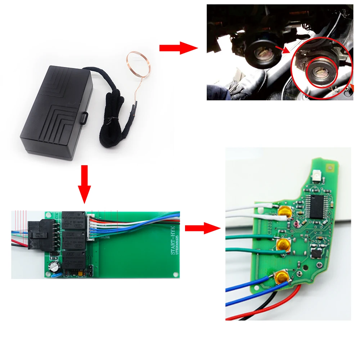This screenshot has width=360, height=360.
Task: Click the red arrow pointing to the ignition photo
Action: click(179, 48)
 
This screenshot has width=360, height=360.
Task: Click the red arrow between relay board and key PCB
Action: click(202, 228)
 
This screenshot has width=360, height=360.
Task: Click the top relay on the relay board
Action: click(74, 220)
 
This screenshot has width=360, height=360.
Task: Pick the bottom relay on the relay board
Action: click(74, 260)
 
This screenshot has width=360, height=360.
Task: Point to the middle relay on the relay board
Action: click(74, 240)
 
